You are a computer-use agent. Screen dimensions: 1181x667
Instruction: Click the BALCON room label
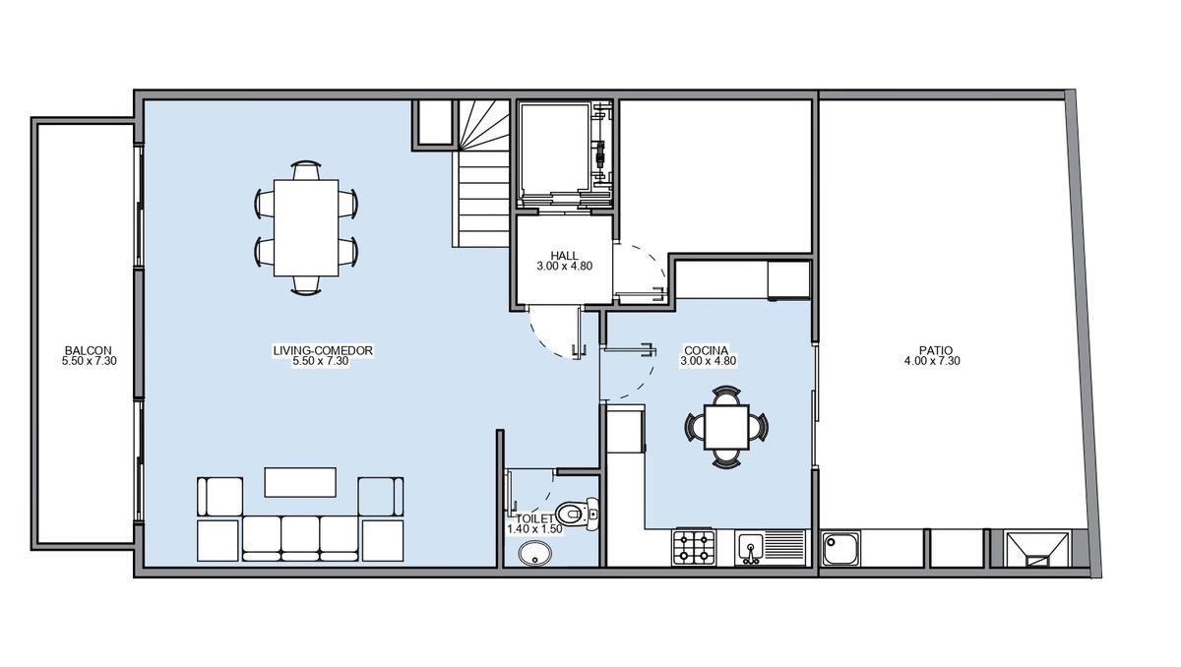click(x=88, y=350)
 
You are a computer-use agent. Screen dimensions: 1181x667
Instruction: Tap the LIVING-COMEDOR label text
click(x=323, y=350)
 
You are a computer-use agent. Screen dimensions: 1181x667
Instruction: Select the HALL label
click(x=564, y=256)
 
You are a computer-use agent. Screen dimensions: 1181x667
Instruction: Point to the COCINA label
click(x=706, y=350)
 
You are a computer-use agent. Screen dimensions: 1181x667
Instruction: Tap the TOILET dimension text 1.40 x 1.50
click(x=534, y=529)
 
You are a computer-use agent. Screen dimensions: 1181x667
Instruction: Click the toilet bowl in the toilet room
click(x=577, y=513)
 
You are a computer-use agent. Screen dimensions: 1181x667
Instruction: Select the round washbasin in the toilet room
click(x=535, y=554)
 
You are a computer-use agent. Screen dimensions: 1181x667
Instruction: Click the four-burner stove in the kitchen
click(x=693, y=548)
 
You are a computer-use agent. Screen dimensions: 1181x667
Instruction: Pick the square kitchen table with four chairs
click(x=726, y=427)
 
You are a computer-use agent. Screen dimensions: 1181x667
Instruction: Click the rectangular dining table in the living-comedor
click(x=306, y=227)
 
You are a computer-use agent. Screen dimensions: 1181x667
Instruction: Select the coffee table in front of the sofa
click(x=300, y=482)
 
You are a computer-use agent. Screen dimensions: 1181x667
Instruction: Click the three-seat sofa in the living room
click(x=300, y=538)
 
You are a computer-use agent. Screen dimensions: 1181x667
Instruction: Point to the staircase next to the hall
click(x=481, y=174)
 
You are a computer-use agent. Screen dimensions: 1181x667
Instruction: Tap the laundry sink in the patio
click(x=840, y=549)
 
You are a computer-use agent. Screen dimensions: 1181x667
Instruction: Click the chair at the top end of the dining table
click(x=306, y=170)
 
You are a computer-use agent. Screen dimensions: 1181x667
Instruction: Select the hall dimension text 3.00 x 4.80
click(x=564, y=267)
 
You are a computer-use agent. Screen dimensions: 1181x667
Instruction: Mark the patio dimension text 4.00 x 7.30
click(x=932, y=361)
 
